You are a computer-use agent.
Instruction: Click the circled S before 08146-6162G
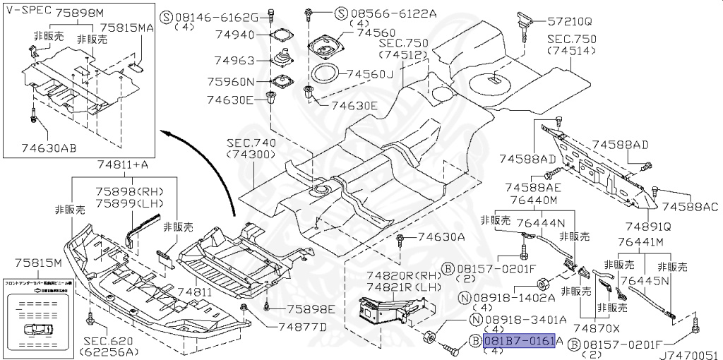coord(166,16)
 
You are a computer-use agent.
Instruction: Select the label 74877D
coord(302,327)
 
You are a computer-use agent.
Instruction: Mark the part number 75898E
coord(310,309)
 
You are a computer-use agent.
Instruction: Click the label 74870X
coord(597,328)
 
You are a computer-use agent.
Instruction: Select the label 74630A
coord(441,237)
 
